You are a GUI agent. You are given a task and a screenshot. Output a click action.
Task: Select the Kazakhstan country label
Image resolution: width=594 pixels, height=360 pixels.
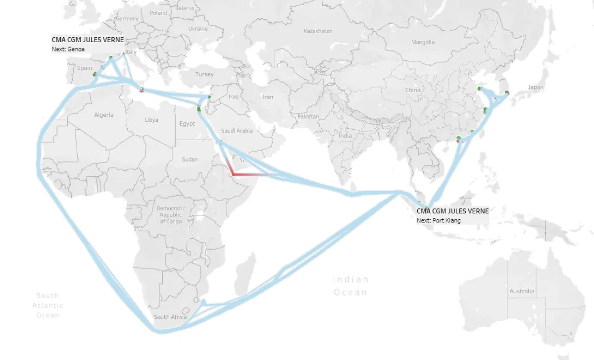point(318,31)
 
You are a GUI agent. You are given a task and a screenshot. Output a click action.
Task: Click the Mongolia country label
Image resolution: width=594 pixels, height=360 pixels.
point(423,42)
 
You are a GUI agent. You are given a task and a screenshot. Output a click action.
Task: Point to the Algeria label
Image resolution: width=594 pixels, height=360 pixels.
point(104,115)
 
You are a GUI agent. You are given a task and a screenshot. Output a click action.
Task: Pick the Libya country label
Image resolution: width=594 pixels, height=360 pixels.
point(151,120)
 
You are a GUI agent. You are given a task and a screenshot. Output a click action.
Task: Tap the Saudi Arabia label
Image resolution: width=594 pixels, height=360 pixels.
point(237,131)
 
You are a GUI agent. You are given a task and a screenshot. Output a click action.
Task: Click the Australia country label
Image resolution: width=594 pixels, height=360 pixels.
point(522,291)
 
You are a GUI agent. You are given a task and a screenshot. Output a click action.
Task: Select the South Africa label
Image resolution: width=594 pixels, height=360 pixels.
point(170,317)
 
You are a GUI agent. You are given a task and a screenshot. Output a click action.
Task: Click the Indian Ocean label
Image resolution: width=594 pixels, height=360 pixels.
point(350,286)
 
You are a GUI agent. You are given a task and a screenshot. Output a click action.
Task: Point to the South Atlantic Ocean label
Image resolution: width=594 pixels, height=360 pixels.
point(48,305)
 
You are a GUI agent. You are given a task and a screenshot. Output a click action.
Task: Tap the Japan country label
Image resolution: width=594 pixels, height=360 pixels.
point(535,87)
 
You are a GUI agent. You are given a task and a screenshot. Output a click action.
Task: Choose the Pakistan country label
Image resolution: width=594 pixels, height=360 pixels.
point(308,117)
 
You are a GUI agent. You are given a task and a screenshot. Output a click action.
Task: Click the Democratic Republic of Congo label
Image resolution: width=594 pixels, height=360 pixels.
point(171,215)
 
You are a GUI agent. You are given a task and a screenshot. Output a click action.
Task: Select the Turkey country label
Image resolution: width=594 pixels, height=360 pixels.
point(204,74)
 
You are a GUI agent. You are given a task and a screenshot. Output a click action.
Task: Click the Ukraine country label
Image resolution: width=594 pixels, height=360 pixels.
point(198,29)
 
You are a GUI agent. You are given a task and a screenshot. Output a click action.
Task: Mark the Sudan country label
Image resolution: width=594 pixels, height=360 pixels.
point(189,159)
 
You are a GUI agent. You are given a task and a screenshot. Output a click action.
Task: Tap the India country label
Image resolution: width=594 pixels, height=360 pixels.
point(345,136)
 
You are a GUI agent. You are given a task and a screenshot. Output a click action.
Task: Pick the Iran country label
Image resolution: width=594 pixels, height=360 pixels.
point(268,97)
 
